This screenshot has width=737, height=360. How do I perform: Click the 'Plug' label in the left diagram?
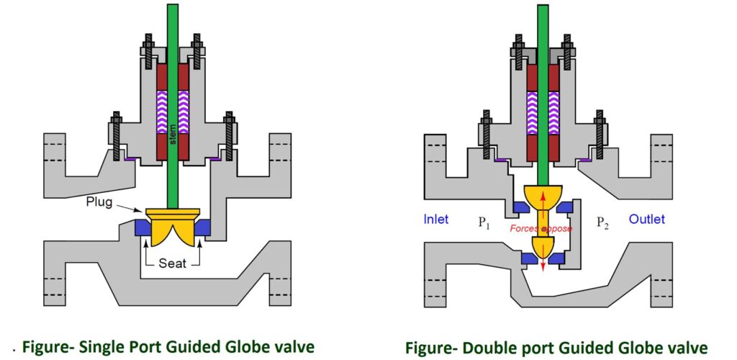tap(99, 202)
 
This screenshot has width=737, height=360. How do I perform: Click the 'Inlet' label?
tap(438, 219)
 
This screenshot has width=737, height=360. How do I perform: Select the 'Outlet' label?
tap(647, 219)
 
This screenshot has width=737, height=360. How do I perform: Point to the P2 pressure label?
tap(604, 223)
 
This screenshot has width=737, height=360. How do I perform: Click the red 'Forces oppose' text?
tap(542, 228)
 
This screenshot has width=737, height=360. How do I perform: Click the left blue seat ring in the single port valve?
tap(143, 228)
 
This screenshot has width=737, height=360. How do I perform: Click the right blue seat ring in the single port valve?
tap(203, 228)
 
